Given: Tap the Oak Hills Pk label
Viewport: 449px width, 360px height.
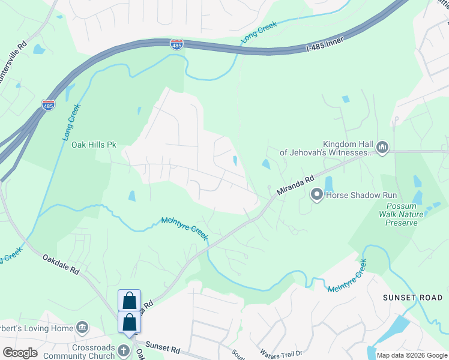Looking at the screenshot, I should [94, 145].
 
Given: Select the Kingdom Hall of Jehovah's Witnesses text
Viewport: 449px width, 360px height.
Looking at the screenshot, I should [348, 148].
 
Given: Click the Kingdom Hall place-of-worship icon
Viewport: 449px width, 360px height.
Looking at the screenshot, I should [382, 146].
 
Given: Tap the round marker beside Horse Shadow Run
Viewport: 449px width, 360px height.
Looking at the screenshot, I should [317, 194].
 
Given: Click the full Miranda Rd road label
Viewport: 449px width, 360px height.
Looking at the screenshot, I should [296, 184].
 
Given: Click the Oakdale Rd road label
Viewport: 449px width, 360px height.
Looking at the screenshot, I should [61, 264].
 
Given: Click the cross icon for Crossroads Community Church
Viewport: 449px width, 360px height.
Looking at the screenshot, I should [123, 350].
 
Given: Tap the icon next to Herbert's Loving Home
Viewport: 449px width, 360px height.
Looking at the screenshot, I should [83, 328].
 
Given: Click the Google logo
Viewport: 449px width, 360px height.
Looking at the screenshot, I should [20, 353].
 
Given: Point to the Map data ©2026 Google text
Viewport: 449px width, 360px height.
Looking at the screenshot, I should [411, 355].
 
